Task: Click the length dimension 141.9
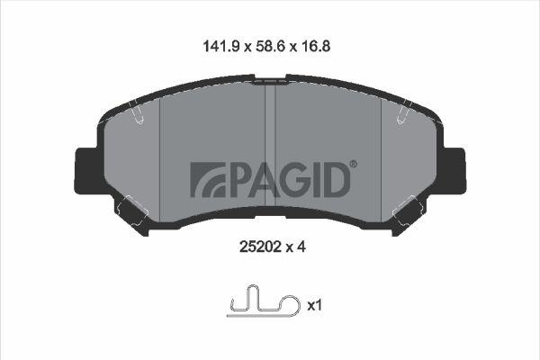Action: coord(221,46)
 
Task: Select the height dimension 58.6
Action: coord(270,46)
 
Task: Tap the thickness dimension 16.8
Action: coord(316,46)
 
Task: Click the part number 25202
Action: coord(259,247)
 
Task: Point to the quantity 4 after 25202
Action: coord(301,247)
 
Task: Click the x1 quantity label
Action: coord(314,305)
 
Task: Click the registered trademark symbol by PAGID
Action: coord(354,165)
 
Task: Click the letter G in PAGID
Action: coord(301,180)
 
